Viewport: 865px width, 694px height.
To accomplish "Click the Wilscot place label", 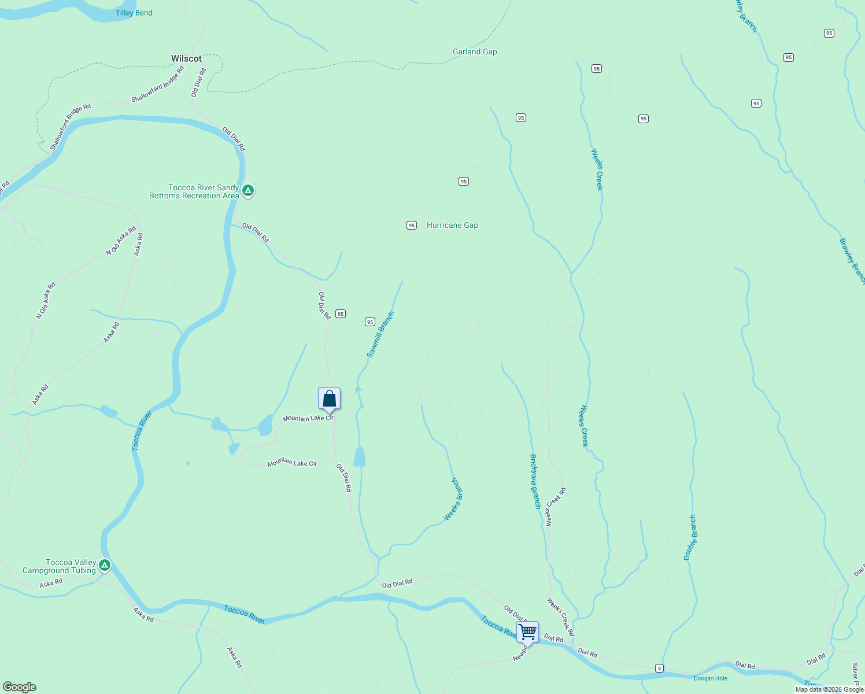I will coord(186,58).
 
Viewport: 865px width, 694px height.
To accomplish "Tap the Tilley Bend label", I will coord(134,13).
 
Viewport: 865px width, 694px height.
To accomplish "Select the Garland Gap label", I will coord(475,51).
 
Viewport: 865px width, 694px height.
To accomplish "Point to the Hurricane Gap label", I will coord(452,225).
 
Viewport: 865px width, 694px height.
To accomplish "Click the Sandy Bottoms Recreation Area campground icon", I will coord(248,190).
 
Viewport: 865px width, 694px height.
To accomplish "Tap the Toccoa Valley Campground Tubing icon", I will coord(105,565).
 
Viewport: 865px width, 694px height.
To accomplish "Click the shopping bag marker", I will coord(329,399).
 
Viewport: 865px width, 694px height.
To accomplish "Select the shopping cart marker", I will coord(527,632).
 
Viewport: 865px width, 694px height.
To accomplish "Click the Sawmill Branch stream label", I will coord(380,334).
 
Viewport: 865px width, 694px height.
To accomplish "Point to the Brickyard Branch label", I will coord(535,481).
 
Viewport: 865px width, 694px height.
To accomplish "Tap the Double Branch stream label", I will coord(690,537).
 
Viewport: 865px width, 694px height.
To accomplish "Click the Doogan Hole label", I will coord(711,678).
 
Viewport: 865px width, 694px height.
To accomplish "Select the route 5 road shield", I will coord(659,668).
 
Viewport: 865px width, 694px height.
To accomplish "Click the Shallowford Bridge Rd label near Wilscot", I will coord(157,84).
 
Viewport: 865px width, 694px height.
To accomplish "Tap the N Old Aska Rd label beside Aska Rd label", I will coord(120,241).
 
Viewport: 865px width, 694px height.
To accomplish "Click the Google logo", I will coord(20,687).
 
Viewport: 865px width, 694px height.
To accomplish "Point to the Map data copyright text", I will coord(829,689).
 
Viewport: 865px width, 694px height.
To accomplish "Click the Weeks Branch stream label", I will coord(454,499).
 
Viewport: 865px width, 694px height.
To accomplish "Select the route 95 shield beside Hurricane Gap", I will coord(412,226).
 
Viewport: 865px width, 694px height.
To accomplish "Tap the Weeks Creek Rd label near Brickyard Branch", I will coord(556,507).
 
